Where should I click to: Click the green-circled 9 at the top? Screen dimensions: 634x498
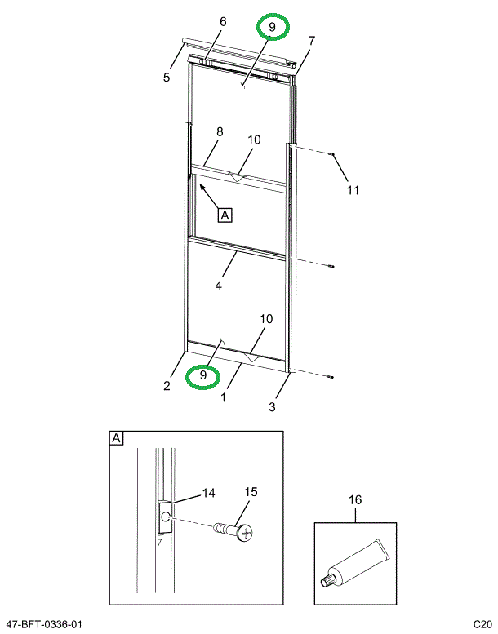[x=273, y=28]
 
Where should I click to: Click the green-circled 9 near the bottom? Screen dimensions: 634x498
[x=202, y=377]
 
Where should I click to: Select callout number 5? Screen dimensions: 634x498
[x=166, y=78]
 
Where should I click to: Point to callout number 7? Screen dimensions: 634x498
[x=311, y=40]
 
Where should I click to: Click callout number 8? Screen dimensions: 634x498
[x=219, y=131]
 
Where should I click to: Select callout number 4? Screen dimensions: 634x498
[x=219, y=286]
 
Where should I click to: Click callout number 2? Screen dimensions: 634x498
[x=166, y=386]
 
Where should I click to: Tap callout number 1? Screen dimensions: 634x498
[x=224, y=398]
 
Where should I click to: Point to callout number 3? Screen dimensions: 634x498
[x=273, y=406]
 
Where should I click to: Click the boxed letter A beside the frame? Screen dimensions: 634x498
[x=225, y=215]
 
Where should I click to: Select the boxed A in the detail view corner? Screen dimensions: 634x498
[x=116, y=439]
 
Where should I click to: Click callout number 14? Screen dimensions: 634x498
[x=208, y=493]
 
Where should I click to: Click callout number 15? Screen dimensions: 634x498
[x=251, y=492]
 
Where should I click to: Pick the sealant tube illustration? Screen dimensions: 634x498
[x=355, y=564]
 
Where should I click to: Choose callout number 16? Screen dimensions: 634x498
[x=355, y=499]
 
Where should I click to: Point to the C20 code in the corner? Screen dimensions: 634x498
[x=481, y=624]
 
